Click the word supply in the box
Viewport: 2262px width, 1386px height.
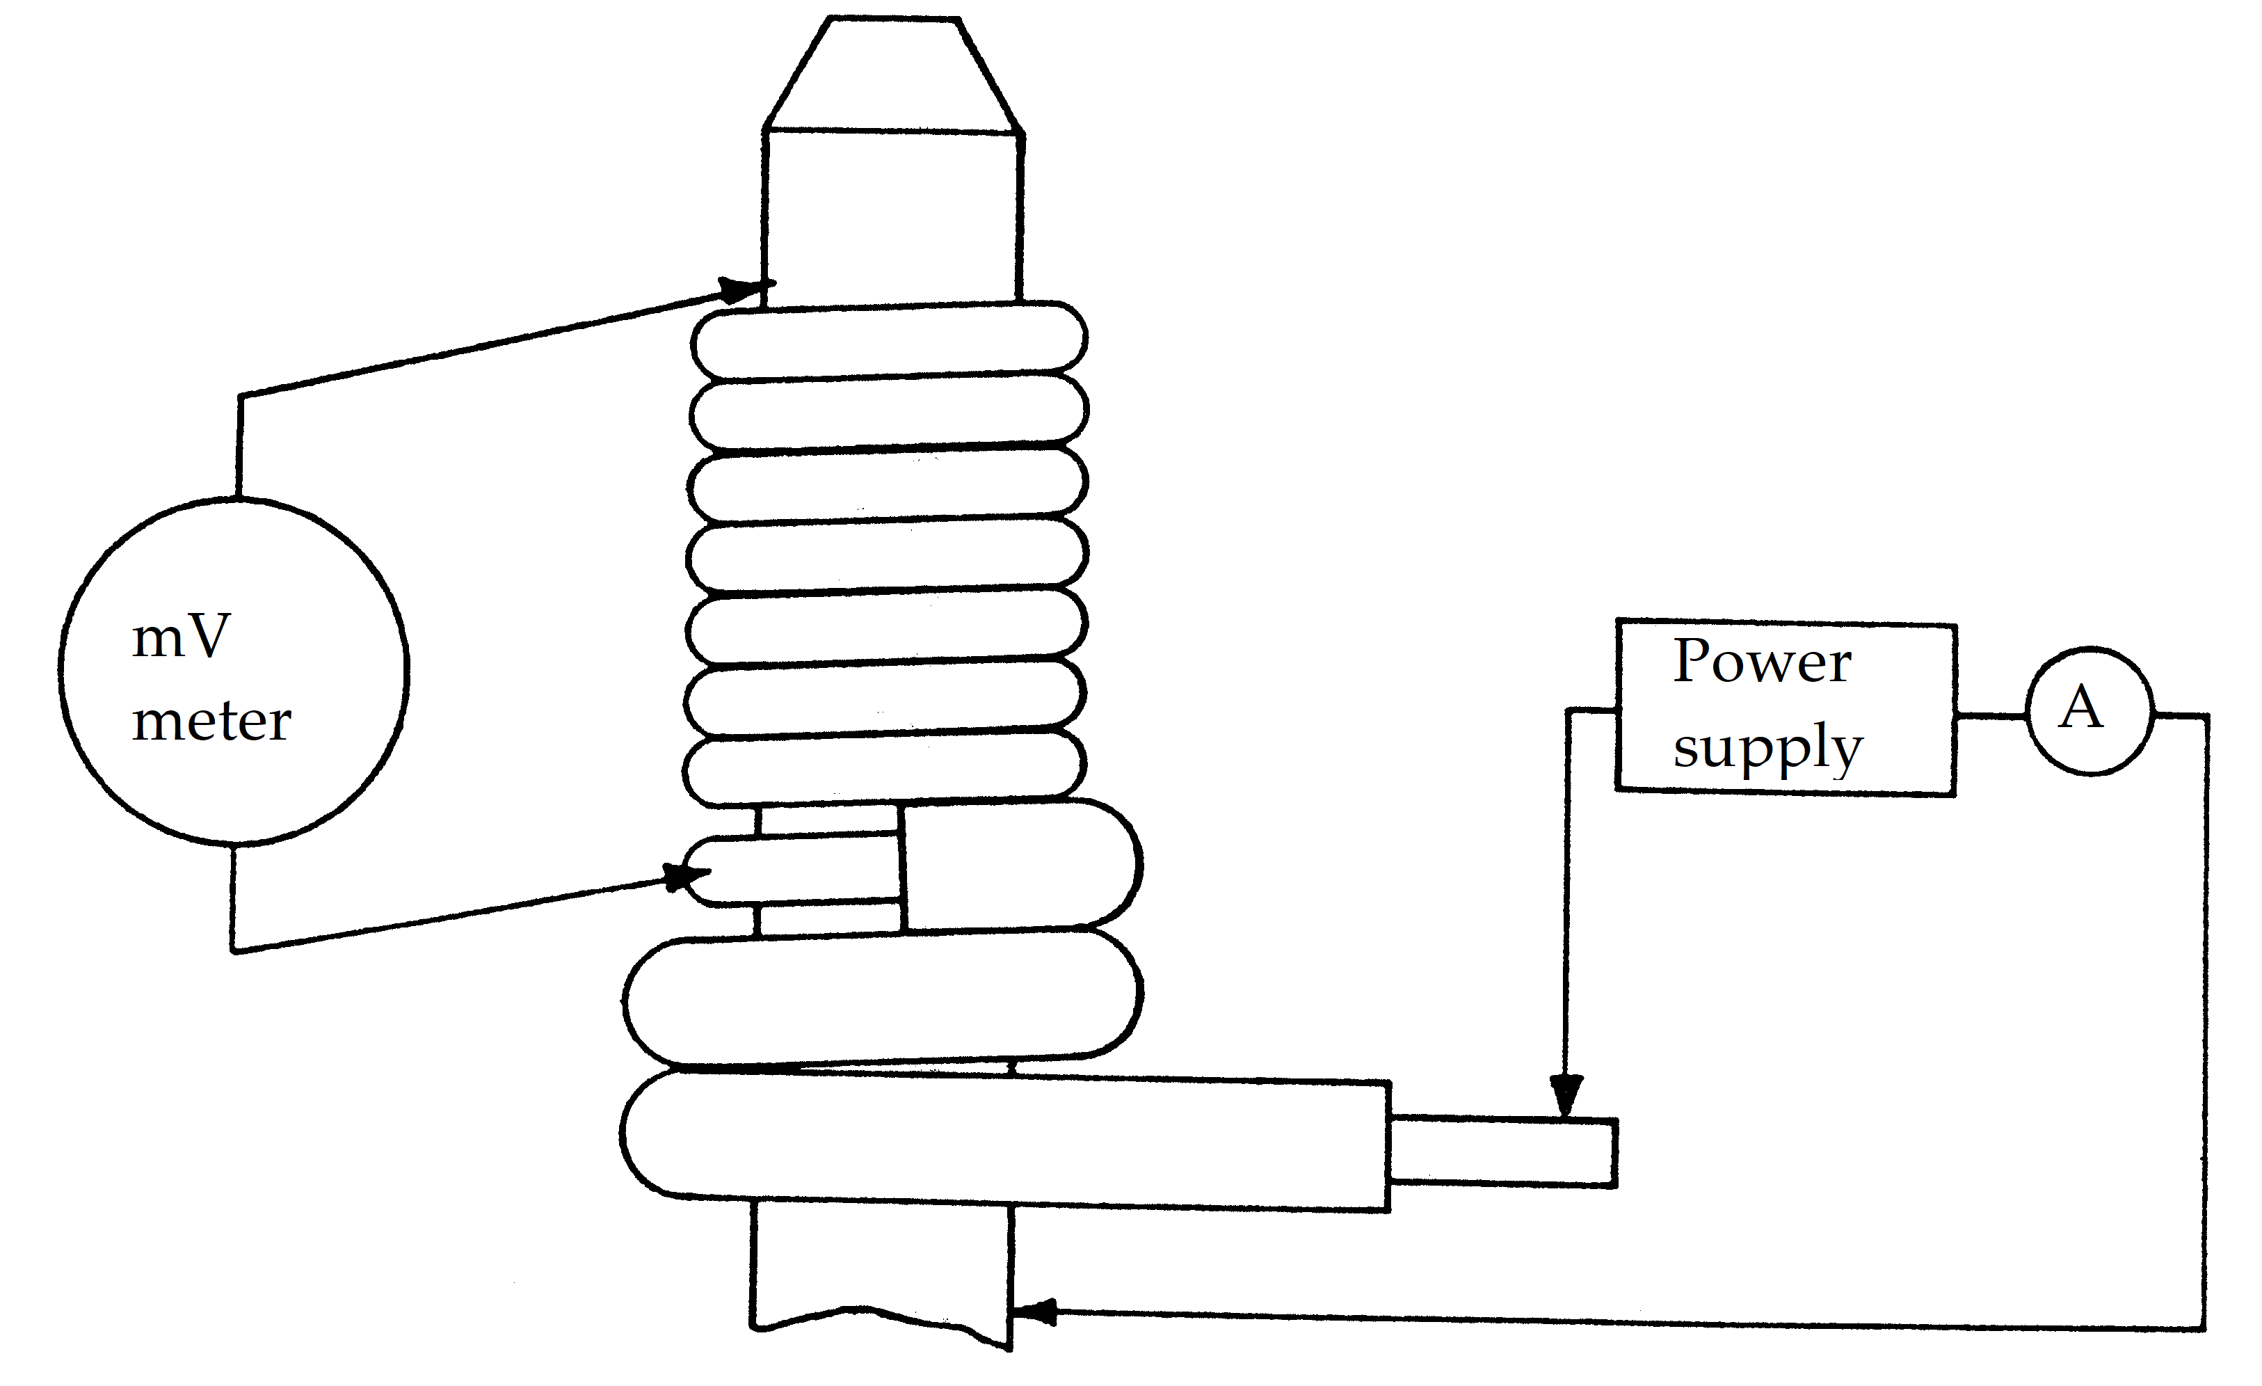point(1767,749)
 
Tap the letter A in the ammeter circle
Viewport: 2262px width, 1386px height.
point(2080,709)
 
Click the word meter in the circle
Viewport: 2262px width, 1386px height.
point(211,722)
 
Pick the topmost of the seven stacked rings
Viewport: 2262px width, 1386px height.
point(889,341)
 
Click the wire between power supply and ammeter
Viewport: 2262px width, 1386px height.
point(1990,715)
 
